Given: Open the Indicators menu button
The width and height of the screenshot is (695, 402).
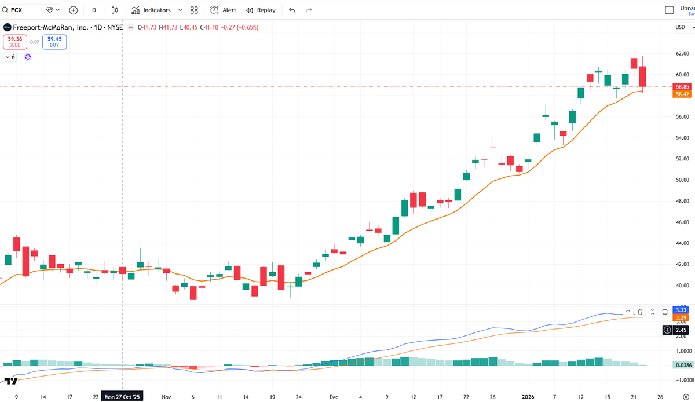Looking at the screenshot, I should pos(156,10).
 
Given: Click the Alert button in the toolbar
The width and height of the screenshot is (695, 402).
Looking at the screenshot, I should pos(224,10).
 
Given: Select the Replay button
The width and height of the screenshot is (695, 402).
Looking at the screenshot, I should pos(261,10).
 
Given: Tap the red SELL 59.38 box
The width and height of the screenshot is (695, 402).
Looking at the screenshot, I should pos(14,42).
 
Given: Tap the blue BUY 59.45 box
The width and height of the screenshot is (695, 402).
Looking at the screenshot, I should pos(54,42).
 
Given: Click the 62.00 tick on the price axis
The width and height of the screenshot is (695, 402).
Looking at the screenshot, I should pos(681,53).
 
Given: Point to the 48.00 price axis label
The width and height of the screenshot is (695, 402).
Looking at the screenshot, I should pos(681,201).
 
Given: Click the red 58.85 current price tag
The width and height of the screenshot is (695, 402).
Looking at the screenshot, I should pos(681,87).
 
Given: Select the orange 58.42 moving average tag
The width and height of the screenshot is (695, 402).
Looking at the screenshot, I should pos(681,94).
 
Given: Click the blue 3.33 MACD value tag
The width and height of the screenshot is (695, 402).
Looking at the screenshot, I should pos(681,310).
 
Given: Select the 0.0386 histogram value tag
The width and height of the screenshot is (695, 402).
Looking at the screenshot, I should pos(681,365).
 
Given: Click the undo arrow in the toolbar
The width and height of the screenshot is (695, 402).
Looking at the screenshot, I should pos(292,10).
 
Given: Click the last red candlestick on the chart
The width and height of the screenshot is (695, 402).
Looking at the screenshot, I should pos(642,76).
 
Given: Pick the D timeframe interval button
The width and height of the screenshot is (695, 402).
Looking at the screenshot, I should pos(94,10).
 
